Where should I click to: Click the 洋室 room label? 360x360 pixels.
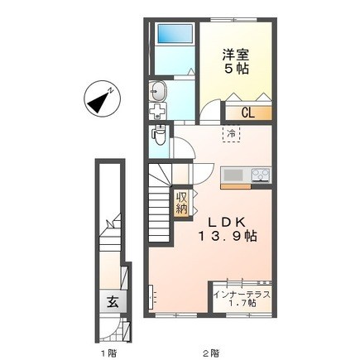[236, 55]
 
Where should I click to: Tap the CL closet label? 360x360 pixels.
[248, 113]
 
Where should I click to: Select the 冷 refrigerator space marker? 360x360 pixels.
[231, 134]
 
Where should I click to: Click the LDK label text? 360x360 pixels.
[227, 222]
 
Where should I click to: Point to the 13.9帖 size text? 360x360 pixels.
[227, 237]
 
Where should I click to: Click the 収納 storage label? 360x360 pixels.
[182, 203]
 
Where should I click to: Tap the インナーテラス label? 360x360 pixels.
[242, 295]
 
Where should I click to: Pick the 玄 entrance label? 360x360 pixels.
[113, 302]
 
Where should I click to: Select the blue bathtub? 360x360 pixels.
[175, 33]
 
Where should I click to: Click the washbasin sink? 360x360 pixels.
[157, 91]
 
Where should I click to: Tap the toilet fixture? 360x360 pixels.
[159, 135]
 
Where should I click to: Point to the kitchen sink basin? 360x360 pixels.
[233, 175]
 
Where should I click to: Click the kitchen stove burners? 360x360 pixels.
[261, 175]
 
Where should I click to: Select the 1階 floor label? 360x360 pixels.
[108, 353]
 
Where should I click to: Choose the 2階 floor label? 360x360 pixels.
[212, 353]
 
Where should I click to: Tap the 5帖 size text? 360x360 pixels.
[236, 70]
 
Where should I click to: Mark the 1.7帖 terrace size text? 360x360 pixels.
[242, 304]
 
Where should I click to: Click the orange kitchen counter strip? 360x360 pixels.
[236, 187]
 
